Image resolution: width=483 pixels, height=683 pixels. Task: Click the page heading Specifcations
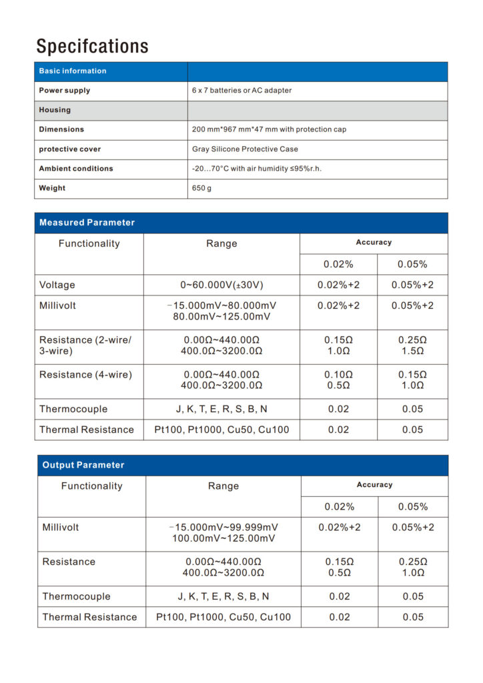(x=92, y=46)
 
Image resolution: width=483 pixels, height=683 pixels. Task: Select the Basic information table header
(x=73, y=71)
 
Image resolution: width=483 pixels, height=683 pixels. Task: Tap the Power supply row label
(x=65, y=90)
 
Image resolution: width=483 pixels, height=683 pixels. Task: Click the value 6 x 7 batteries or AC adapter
(x=241, y=90)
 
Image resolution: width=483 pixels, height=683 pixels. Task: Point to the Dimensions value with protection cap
(x=269, y=129)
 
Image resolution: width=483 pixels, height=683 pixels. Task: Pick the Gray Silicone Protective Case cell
(x=245, y=149)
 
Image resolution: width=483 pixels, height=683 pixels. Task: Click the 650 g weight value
(x=201, y=188)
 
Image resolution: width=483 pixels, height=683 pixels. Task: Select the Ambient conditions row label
(x=76, y=169)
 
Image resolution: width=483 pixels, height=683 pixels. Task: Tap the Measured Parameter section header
(x=87, y=223)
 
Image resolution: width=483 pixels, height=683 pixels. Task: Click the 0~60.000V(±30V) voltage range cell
(x=221, y=285)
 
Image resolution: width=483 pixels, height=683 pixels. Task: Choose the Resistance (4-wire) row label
(x=85, y=375)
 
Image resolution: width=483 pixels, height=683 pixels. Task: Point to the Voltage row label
(x=57, y=285)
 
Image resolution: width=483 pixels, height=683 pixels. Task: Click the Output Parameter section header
(x=83, y=465)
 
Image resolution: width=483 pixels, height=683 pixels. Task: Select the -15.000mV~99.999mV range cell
(x=223, y=527)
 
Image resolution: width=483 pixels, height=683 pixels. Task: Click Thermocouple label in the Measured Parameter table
(x=73, y=409)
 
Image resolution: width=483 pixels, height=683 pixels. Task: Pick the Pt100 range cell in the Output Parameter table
(x=223, y=617)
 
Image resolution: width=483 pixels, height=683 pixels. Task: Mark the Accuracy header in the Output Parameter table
(x=374, y=485)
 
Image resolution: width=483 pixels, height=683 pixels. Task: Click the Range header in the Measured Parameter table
(x=221, y=243)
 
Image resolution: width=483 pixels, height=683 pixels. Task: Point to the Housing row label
(x=55, y=110)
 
